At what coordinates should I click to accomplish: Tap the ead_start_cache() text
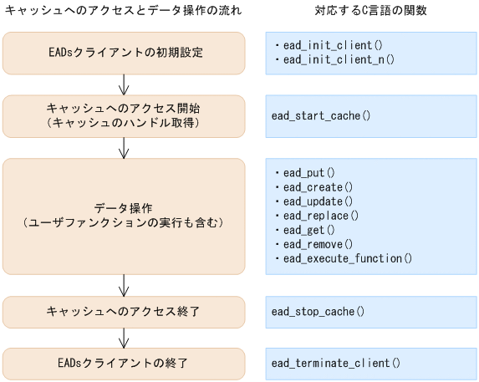coord(320,116)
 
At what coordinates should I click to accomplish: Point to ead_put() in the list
coord(308,172)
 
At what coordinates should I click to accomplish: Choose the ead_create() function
coord(318,186)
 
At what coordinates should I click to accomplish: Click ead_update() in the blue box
coord(318,201)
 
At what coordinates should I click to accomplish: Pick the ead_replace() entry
coord(321,215)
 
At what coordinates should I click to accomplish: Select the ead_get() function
coord(308,229)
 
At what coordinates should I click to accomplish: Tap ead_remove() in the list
coord(318,243)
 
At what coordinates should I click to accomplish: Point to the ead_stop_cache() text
coord(318,312)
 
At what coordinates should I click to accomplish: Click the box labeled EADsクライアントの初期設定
coord(124,53)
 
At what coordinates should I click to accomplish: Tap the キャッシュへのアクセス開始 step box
coord(124,116)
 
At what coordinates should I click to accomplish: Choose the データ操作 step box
coord(124,215)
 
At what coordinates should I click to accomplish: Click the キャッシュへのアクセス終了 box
coord(124,312)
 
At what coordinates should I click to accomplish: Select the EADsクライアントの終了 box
coord(124,363)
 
